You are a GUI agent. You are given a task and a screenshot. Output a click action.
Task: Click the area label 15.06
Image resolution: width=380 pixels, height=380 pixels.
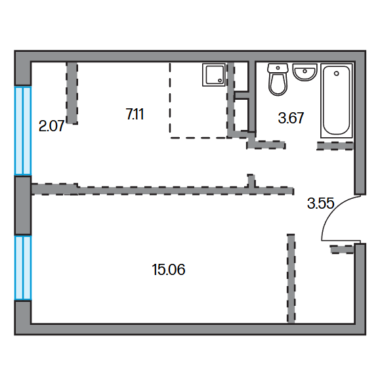click(169, 270)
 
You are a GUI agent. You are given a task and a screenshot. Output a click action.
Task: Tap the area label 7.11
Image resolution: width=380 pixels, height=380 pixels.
click(135, 114)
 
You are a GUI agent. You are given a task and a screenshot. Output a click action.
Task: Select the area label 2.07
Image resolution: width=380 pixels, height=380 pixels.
click(51, 126)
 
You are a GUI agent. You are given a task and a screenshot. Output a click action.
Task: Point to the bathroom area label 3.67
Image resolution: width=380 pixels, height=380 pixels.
click(291, 118)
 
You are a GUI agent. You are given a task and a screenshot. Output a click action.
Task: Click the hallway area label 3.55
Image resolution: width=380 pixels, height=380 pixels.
click(321, 203)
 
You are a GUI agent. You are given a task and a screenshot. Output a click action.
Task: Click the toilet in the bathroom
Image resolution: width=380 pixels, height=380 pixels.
click(278, 79)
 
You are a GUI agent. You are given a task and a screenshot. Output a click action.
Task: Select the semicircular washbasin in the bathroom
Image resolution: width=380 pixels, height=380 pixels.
click(305, 72)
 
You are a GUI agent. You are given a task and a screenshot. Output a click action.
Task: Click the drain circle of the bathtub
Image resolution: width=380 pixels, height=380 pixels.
click(337, 74)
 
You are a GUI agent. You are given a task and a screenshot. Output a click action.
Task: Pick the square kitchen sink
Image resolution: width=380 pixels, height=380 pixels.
click(214, 75)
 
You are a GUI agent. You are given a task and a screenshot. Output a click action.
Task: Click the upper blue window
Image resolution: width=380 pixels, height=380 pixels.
click(23, 131)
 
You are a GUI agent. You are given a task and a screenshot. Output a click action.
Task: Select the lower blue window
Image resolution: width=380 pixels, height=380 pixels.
click(23, 268)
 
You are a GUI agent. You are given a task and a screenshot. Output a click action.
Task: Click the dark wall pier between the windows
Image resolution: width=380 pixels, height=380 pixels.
click(23, 205)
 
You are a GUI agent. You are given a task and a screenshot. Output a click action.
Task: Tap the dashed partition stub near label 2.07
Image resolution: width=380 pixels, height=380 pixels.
click(72, 93)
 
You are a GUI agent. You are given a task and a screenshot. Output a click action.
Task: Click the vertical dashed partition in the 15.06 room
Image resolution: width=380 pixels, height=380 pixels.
click(291, 278)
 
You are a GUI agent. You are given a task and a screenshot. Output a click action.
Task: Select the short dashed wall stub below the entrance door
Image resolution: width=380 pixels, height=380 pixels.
click(342, 249)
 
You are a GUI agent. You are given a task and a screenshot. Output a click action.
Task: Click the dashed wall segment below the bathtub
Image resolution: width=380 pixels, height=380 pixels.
click(335, 146)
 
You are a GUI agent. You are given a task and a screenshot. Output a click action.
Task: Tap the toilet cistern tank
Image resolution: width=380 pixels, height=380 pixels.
click(278, 68)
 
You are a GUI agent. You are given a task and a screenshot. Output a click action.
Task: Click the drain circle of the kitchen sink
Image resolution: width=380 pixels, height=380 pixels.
click(220, 81)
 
